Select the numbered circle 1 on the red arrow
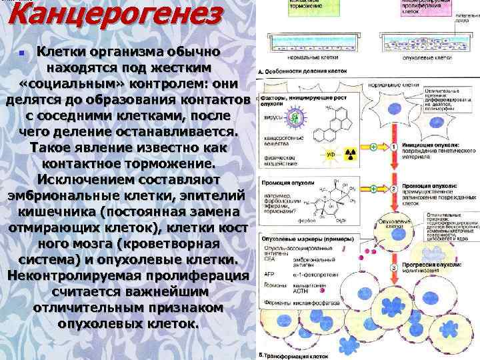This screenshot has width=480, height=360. coord(394,147)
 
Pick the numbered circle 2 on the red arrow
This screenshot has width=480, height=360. coord(394,186)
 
